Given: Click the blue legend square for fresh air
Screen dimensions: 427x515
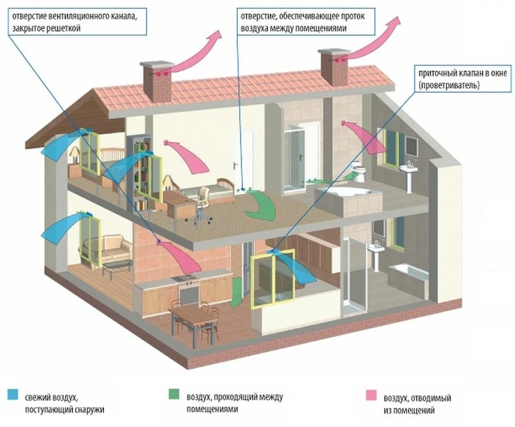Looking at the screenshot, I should coord(13,395).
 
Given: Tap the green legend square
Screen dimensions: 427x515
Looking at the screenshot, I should coord(173,395).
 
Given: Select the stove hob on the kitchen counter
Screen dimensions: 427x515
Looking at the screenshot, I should coord(184,278).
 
